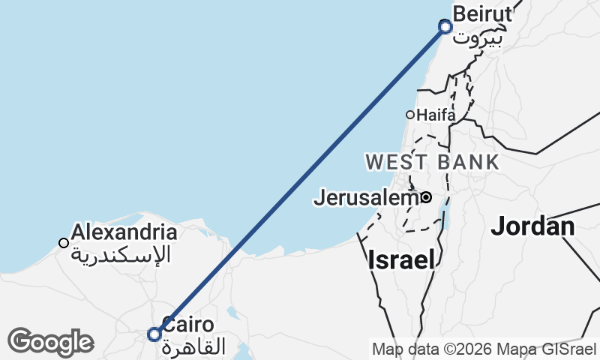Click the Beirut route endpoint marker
pos(445,27)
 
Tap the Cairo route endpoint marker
pos(154,334)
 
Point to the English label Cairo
pos(188,325)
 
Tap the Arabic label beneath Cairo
pos(193,347)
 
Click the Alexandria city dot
pos(64,242)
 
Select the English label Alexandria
pos(124,232)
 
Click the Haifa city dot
pos(410,115)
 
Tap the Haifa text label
pos(436,115)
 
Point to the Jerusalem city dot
pos(426,197)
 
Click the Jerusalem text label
pos(365,198)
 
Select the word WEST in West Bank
pos(397,161)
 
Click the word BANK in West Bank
pos(470,161)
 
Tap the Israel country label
pos(401,260)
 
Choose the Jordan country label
pos(532,226)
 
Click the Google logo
pos(50,342)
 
